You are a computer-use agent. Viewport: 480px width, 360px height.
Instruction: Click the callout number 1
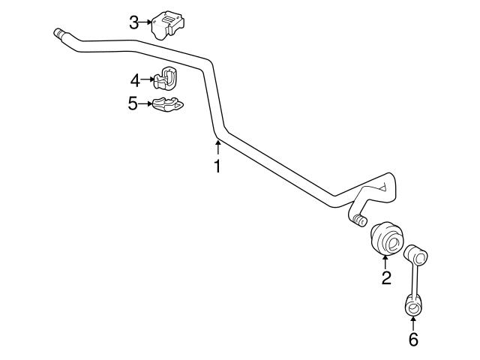coord(217,166)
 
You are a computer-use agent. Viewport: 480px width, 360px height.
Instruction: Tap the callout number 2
coord(386,279)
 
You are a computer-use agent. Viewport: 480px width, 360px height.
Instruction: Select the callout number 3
coord(133,22)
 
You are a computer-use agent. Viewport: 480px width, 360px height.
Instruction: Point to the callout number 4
coord(134,79)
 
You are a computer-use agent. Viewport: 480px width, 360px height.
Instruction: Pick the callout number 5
coord(133,103)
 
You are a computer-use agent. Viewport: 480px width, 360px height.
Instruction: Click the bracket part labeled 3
coord(169,27)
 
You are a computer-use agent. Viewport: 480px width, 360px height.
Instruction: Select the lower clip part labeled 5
coord(167,103)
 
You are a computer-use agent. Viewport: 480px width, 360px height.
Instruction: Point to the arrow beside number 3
coord(147,22)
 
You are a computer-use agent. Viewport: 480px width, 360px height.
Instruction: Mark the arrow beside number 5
coord(146,103)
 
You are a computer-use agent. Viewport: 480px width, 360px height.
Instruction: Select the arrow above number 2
coord(386,262)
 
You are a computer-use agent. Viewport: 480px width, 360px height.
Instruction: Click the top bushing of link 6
coord(416,253)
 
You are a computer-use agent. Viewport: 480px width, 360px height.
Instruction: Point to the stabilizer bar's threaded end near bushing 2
coord(358,220)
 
